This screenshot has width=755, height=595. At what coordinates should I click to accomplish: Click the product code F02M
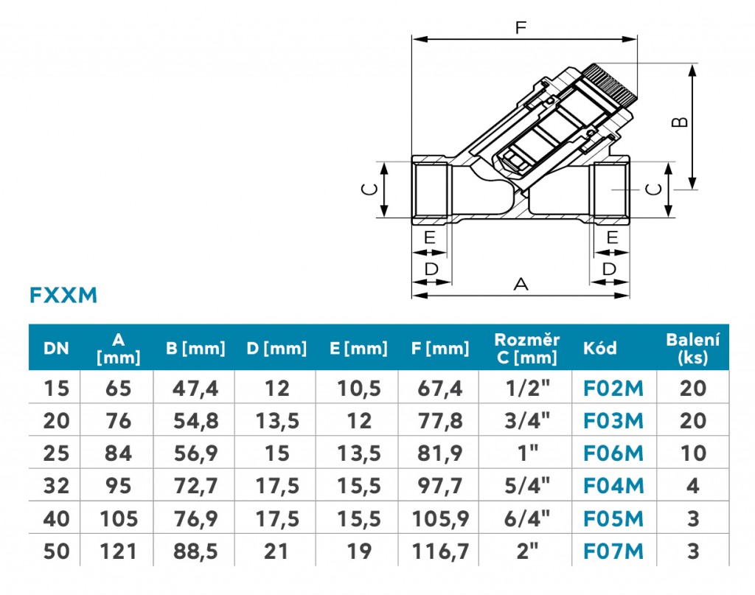[613, 389]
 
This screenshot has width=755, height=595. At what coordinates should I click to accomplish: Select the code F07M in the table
[613, 551]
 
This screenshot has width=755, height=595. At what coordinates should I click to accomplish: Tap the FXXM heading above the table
[63, 295]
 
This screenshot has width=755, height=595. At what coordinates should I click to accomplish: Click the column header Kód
[599, 348]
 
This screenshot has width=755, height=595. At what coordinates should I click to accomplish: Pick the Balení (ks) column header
[693, 349]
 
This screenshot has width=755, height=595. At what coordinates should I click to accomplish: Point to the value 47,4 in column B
[195, 389]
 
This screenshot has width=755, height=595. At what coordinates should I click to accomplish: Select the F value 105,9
[441, 519]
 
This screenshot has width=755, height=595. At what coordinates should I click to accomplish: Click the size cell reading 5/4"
[526, 486]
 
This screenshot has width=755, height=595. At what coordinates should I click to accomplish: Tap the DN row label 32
[56, 486]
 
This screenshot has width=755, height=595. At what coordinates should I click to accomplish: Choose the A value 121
[119, 551]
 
